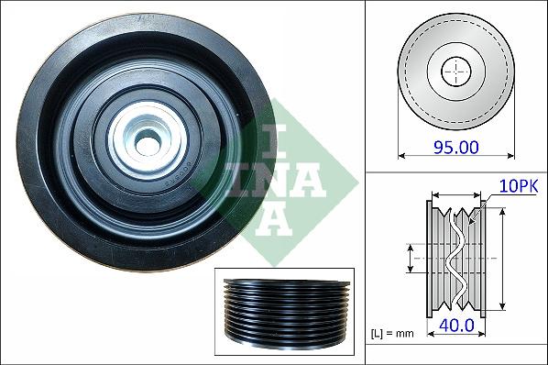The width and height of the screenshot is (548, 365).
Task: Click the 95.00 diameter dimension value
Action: [456, 147]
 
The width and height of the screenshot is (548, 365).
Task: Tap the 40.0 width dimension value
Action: [456, 326]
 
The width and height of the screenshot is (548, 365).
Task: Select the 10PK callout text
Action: [519, 186]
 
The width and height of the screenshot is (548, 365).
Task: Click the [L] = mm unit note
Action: [392, 334]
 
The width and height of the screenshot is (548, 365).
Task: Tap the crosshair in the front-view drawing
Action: [456, 72]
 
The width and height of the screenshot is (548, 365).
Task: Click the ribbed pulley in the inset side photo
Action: [287, 311]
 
